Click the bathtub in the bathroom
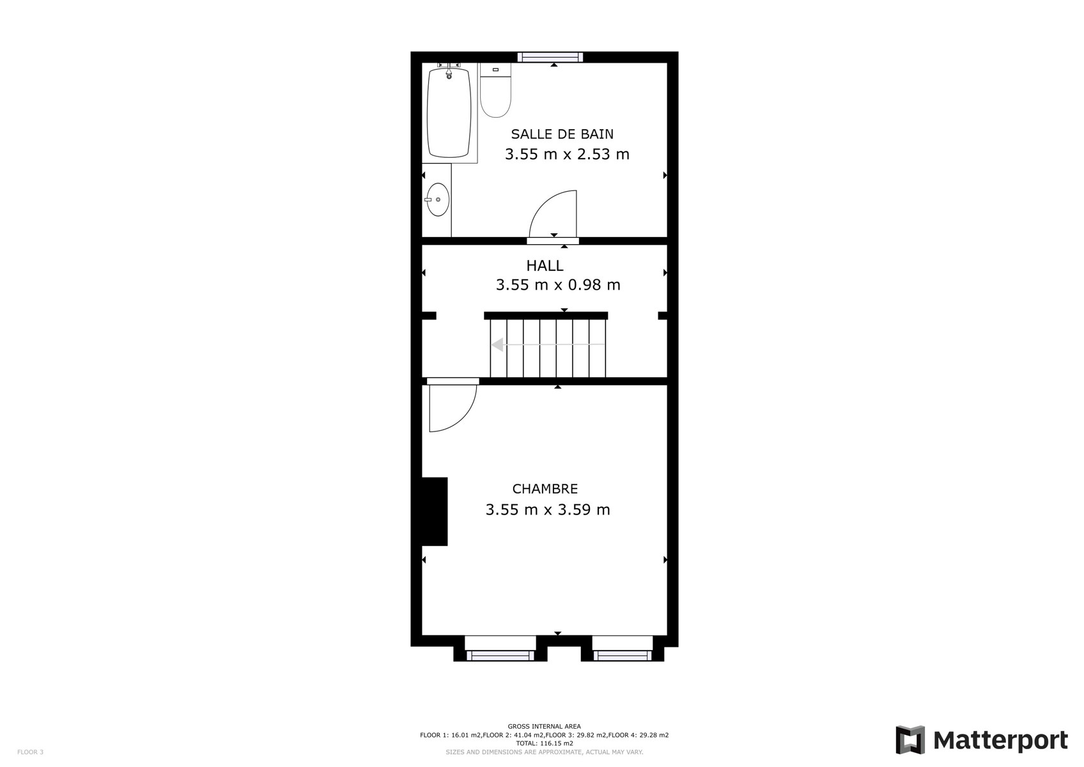click(x=449, y=112)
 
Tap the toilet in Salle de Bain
click(x=495, y=90)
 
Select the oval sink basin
click(x=437, y=199)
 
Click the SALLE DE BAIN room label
click(x=562, y=134)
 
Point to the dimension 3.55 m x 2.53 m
click(x=567, y=155)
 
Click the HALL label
click(x=545, y=266)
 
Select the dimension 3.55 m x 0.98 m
click(x=557, y=285)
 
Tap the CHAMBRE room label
click(x=545, y=489)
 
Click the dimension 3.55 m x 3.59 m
click(x=547, y=509)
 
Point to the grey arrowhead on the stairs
click(x=497, y=345)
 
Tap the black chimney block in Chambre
click(x=435, y=511)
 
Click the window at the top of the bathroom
click(x=550, y=58)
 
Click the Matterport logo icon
click(x=910, y=740)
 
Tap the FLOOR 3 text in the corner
click(x=30, y=752)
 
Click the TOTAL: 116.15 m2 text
click(x=545, y=743)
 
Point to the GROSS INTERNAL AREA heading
click(x=544, y=726)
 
